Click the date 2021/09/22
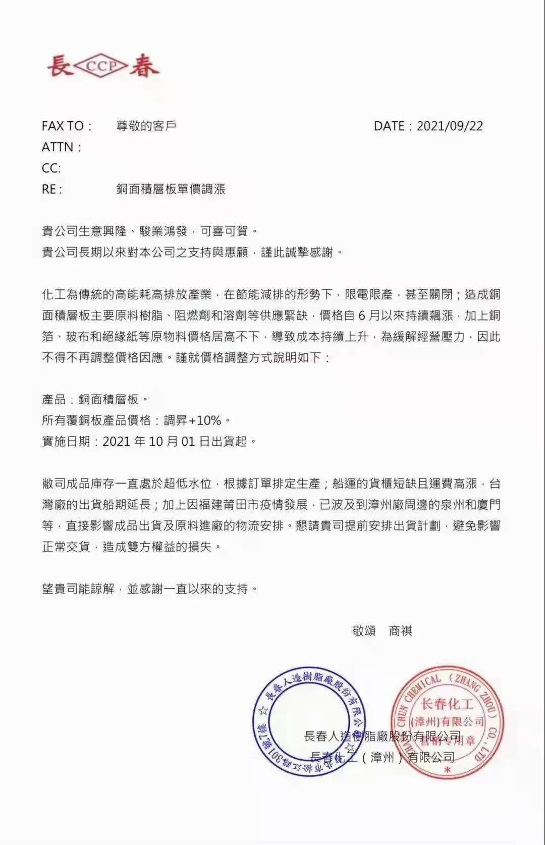[450, 126]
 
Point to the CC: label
[51, 168]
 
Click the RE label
[52, 189]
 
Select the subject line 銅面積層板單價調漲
[171, 189]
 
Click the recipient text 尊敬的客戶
[146, 126]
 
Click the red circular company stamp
[447, 722]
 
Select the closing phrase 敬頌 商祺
[382, 631]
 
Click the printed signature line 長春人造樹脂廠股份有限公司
[382, 736]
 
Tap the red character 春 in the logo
[143, 66]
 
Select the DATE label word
[390, 126]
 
